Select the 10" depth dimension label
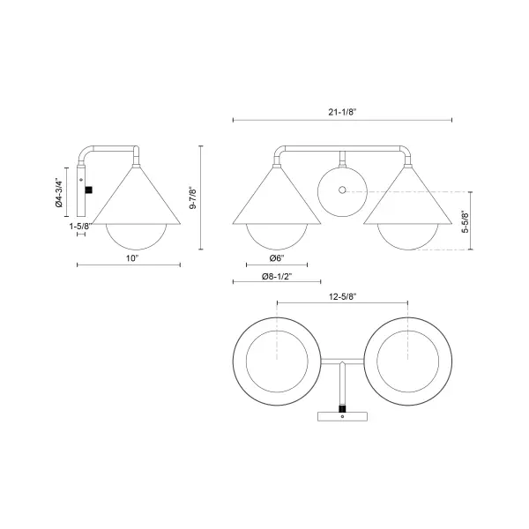pos(132,257)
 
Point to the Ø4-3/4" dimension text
pos(59,191)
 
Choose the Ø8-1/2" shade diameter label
pos(277,276)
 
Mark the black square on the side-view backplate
pos(89,189)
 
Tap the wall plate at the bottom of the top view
pos(342,416)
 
